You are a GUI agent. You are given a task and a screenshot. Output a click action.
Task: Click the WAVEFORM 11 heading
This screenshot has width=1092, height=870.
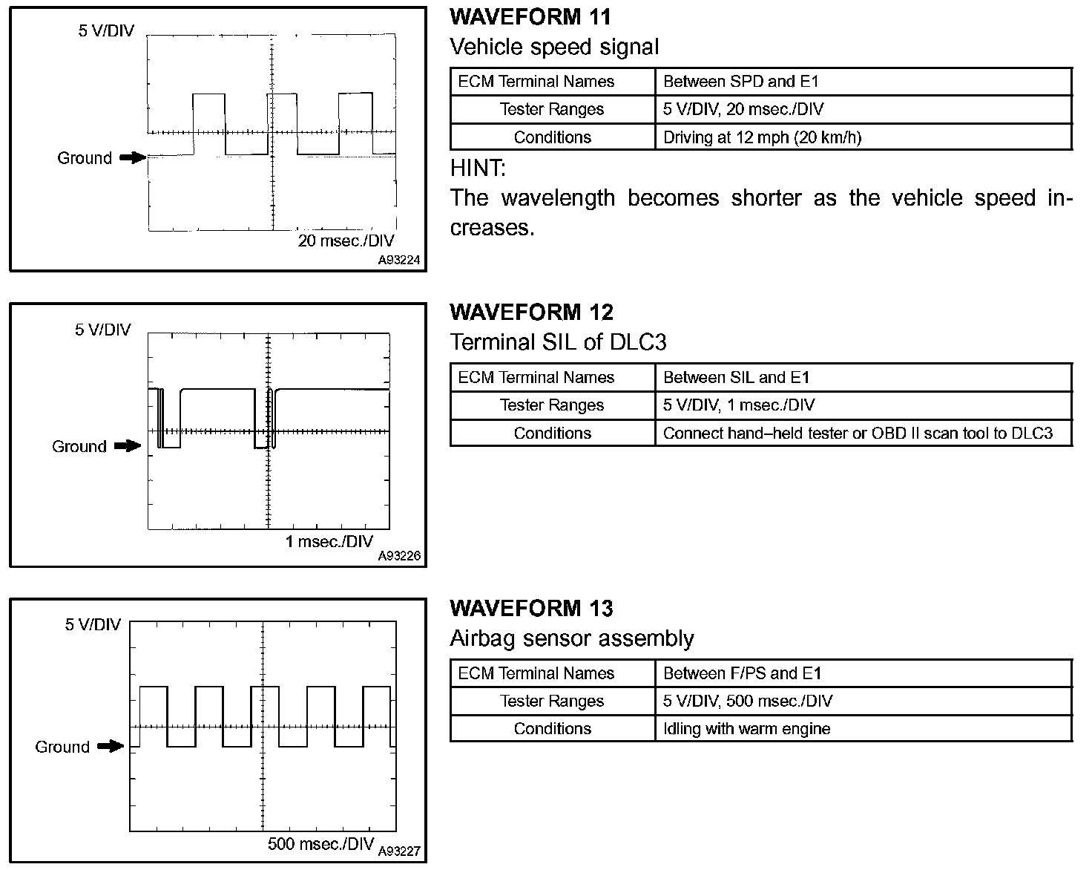(x=530, y=16)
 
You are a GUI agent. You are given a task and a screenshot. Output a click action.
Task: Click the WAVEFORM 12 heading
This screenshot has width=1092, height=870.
(x=531, y=312)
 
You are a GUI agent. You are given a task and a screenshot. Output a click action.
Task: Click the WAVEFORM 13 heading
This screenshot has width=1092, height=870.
(x=531, y=608)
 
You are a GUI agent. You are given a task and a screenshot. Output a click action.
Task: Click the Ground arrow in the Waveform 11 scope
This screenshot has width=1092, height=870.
(x=133, y=157)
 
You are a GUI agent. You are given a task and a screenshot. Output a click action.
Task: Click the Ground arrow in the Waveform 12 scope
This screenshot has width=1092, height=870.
(x=127, y=446)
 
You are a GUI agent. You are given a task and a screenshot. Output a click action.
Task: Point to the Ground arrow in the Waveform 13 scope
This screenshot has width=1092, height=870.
(x=111, y=746)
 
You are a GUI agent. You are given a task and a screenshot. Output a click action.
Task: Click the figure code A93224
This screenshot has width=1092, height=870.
(x=399, y=261)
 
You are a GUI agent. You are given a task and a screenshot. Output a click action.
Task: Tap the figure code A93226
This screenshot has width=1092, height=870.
(x=399, y=556)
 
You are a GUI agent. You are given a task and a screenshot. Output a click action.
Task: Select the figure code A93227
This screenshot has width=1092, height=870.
(x=399, y=851)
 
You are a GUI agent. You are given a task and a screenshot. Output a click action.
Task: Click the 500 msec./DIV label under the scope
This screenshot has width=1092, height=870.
(x=320, y=844)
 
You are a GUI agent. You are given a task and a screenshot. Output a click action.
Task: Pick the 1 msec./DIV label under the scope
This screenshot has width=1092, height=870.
(x=329, y=541)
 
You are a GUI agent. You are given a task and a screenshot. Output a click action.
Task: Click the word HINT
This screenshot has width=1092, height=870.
(x=477, y=169)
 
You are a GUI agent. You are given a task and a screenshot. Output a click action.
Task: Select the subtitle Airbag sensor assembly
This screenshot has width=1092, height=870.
(x=571, y=638)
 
